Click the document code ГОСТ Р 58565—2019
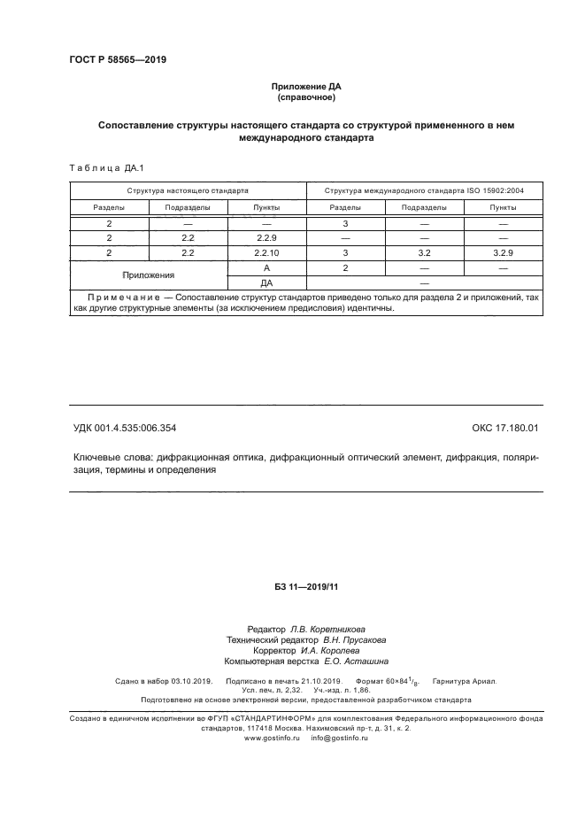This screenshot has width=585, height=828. (118, 60)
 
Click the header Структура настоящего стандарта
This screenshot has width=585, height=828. (188, 190)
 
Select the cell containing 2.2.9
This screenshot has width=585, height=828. (266, 238)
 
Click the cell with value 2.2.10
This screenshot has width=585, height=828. (266, 252)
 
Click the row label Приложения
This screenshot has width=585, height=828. (149, 275)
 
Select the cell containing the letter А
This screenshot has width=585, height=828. (266, 267)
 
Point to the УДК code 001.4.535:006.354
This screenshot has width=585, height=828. (125, 428)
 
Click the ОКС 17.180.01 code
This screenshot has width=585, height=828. (505, 428)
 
